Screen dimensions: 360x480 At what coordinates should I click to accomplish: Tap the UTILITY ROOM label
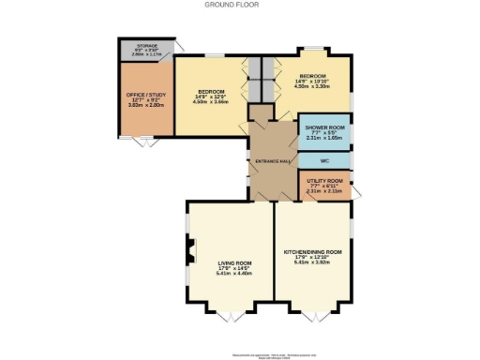click(x=324, y=179)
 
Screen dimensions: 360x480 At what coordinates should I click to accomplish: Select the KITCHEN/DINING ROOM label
click(x=312, y=252)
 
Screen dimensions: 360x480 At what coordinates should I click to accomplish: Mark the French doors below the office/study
click(x=143, y=142)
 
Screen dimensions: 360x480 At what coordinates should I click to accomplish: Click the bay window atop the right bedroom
click(x=313, y=48)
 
